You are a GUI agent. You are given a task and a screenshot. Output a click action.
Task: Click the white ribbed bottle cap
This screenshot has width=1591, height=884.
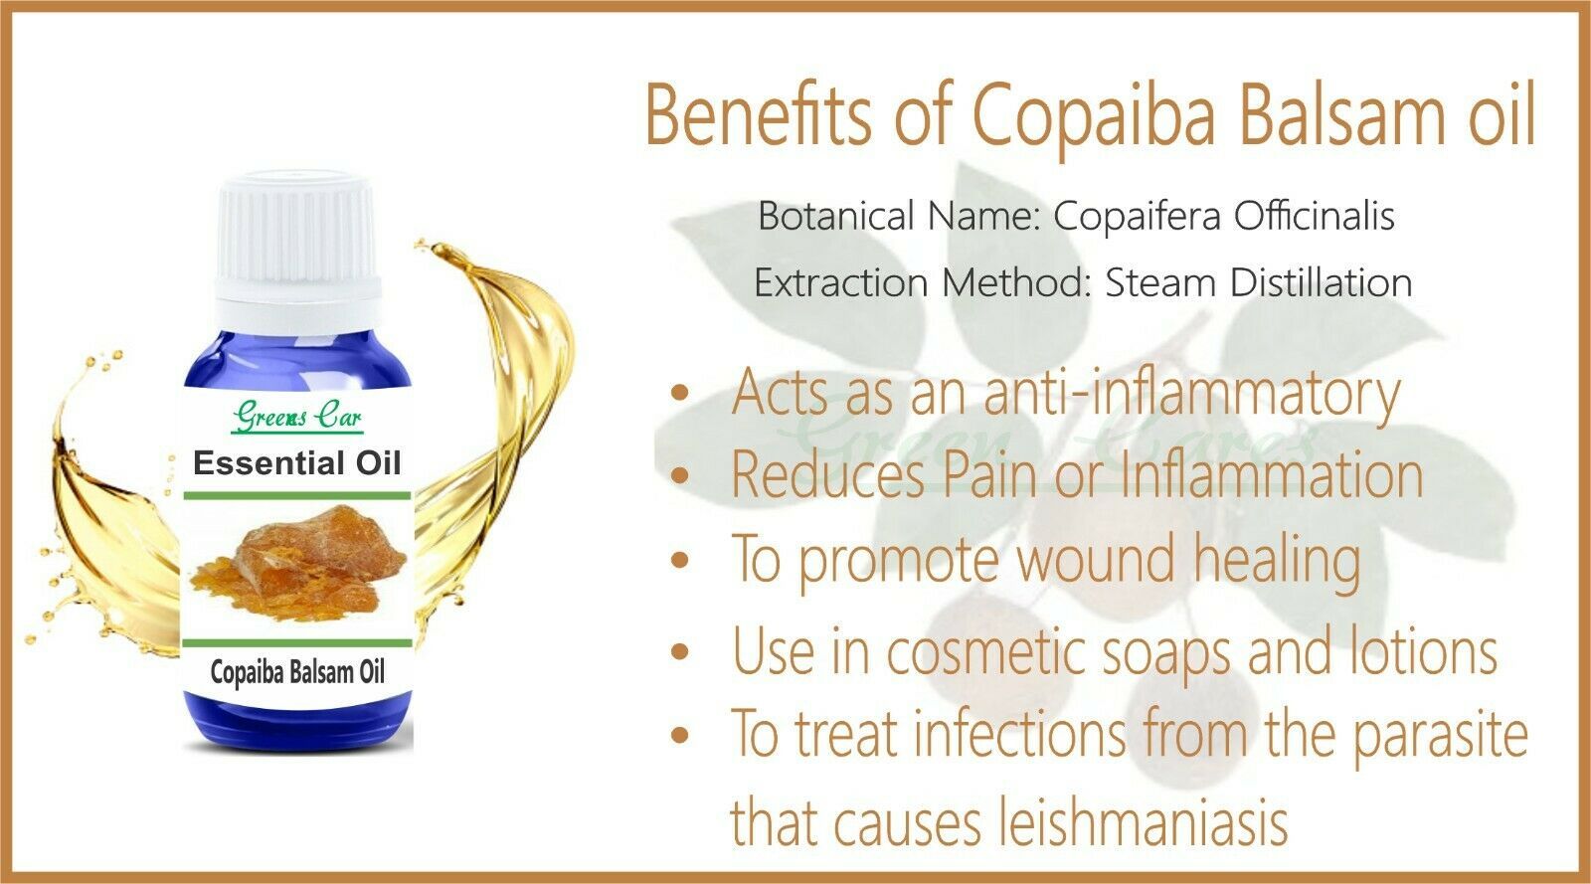pos(297,252)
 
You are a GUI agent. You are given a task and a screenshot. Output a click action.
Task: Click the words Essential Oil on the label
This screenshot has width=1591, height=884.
pos(297,463)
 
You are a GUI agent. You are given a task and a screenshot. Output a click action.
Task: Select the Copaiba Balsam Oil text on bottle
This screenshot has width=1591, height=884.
pos(297,672)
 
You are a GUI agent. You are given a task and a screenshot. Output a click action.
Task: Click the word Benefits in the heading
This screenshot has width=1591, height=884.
pos(758,115)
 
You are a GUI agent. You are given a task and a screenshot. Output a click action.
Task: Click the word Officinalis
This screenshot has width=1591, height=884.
pos(1314,215)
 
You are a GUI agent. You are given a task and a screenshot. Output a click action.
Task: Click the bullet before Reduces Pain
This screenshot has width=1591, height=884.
pos(680,475)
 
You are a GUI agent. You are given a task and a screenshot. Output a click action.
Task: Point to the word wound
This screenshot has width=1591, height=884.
pos(1100,558)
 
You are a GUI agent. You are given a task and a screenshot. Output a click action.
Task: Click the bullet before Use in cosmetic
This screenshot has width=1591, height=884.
pos(680,650)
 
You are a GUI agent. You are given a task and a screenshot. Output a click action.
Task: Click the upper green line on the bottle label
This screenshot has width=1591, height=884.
pos(297,495)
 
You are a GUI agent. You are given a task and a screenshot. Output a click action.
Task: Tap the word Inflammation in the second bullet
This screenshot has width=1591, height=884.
pos(1272,474)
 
